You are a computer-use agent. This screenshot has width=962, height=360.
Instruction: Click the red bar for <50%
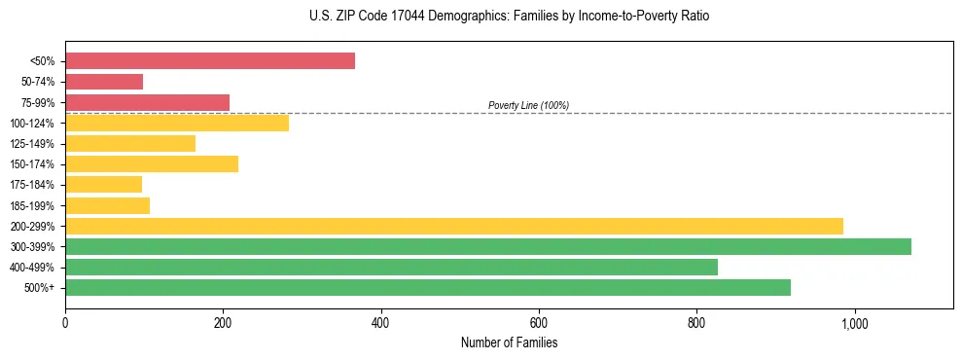click(x=210, y=61)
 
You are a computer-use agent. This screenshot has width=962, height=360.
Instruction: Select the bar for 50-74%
click(x=104, y=82)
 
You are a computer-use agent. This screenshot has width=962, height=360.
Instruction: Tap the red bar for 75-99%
click(x=147, y=102)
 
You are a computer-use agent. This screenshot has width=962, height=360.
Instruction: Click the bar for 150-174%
click(x=152, y=164)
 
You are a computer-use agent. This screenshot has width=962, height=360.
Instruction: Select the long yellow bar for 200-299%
click(x=454, y=226)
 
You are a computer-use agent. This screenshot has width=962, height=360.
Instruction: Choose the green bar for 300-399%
click(x=488, y=247)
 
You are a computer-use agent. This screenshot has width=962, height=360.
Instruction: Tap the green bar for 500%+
click(x=428, y=288)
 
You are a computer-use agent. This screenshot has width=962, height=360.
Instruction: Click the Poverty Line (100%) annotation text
click(x=528, y=105)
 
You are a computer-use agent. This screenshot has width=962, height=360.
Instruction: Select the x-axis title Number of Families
click(x=509, y=343)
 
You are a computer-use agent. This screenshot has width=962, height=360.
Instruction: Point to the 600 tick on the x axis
click(x=539, y=323)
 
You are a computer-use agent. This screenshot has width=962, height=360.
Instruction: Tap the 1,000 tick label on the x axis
click(x=854, y=323)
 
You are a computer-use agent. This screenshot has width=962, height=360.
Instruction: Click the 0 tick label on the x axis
click(x=65, y=323)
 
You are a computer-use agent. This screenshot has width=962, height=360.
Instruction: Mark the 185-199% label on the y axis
click(x=32, y=206)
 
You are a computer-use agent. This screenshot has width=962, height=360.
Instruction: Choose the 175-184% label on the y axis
click(x=32, y=185)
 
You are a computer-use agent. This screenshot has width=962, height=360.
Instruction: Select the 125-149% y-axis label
click(x=32, y=144)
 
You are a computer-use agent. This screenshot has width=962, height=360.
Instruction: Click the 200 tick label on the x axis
click(x=223, y=323)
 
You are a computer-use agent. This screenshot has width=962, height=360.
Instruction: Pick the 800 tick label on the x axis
click(x=696, y=323)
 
